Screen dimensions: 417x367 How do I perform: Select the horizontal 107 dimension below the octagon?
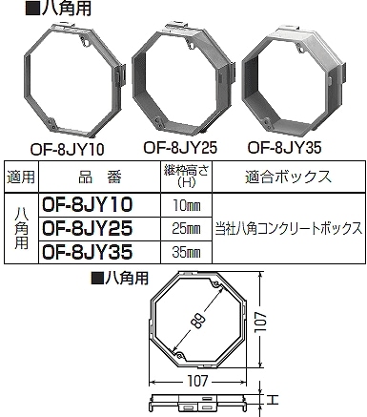(x=197, y=383)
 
